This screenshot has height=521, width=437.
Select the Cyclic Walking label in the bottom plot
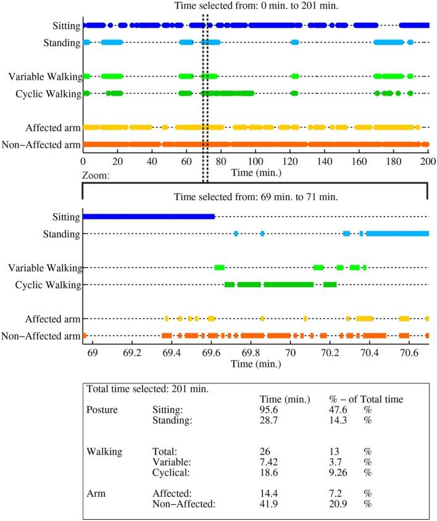point(51,285)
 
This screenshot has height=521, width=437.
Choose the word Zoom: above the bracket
point(96,175)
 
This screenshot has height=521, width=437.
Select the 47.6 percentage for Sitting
point(339,409)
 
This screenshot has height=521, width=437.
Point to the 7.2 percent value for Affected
point(336,494)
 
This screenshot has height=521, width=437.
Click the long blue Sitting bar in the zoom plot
point(148,217)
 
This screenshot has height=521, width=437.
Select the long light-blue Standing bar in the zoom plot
point(398,234)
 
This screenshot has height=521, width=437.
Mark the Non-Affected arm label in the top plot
point(42,145)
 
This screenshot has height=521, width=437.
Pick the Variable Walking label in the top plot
point(46,77)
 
